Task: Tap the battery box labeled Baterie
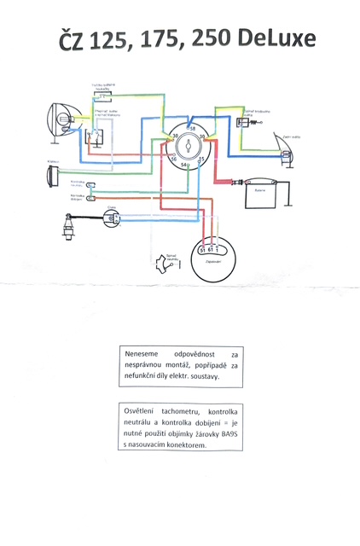(x=256, y=196)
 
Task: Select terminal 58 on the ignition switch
(x=192, y=128)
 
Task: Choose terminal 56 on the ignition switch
(x=174, y=159)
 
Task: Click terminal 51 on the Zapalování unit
(x=202, y=249)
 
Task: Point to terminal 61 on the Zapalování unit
(x=210, y=249)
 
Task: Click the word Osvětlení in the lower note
(x=142, y=412)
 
